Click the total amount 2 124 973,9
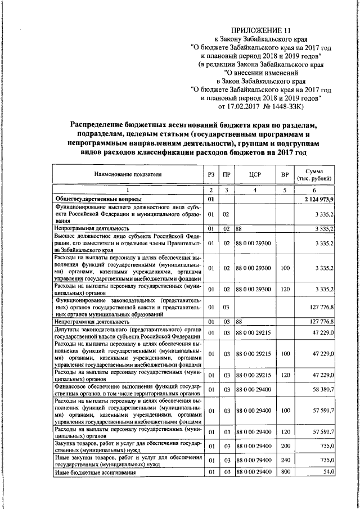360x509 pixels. [x=318, y=199]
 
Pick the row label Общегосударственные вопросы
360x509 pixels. [x=97, y=199]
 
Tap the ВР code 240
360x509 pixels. [x=285, y=461]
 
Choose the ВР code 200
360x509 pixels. [x=285, y=447]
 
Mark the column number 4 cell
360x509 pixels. [x=255, y=191]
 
